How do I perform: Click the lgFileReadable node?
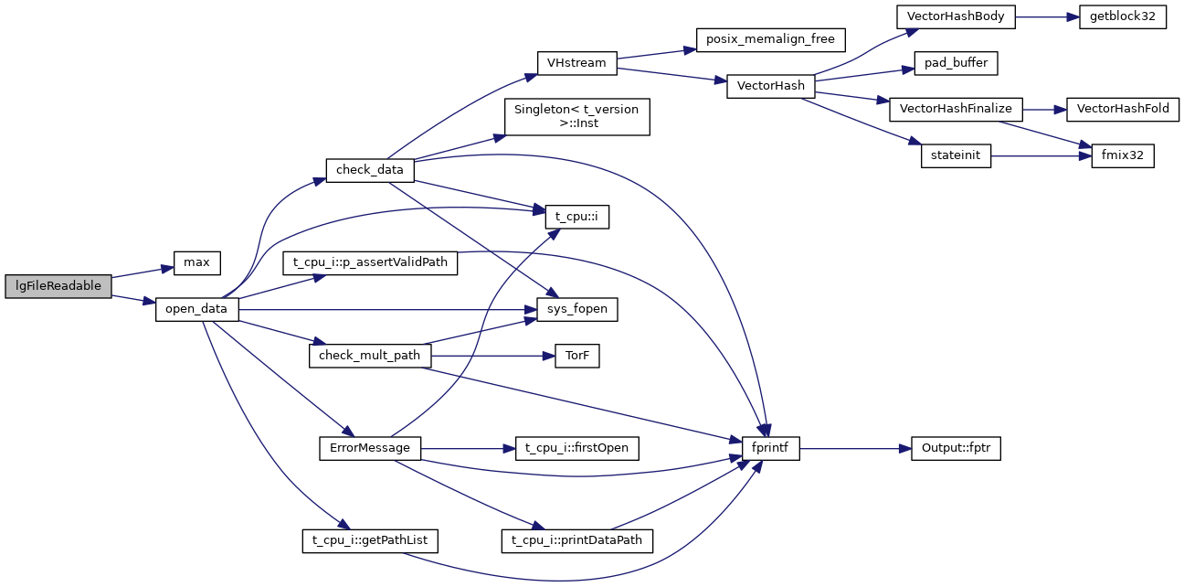[x=58, y=286]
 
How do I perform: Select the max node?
[x=196, y=263]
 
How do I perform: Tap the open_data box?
[x=196, y=310]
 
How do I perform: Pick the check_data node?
[x=369, y=170]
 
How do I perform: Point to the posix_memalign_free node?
[x=771, y=40]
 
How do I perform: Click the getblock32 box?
[x=1122, y=17]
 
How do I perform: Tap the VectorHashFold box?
[x=1123, y=109]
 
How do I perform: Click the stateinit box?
[x=956, y=156]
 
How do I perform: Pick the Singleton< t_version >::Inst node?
[x=576, y=117]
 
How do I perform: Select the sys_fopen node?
[x=576, y=310]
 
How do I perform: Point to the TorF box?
[x=576, y=357]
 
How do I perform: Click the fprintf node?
[x=770, y=449]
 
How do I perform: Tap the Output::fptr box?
[x=956, y=449]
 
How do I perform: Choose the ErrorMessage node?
[x=369, y=449]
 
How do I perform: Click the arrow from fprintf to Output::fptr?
[x=855, y=449]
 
